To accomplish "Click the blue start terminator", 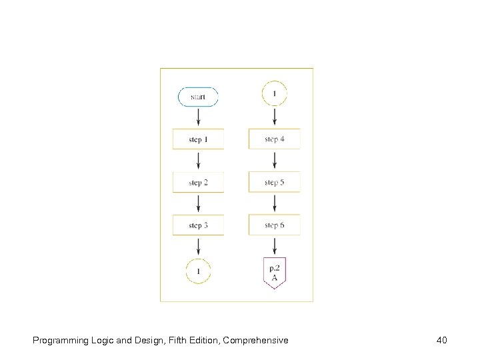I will click(198, 97).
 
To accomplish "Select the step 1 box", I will click(198, 139).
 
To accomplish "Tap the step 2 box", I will click(198, 182).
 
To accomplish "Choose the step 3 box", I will click(198, 225).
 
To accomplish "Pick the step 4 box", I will click(274, 139).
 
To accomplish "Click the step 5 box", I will click(274, 182).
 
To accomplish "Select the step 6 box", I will click(274, 225).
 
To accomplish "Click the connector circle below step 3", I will click(198, 271).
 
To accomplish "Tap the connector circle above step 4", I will click(274, 93).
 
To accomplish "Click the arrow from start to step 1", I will click(198, 117).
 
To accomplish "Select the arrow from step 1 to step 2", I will click(198, 160).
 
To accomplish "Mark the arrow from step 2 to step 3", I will click(198, 203).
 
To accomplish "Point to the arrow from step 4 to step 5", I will click(274, 160).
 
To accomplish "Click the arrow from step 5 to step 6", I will click(274, 203).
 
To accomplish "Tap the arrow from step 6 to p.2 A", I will click(274, 246).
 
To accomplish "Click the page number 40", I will click(441, 341).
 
